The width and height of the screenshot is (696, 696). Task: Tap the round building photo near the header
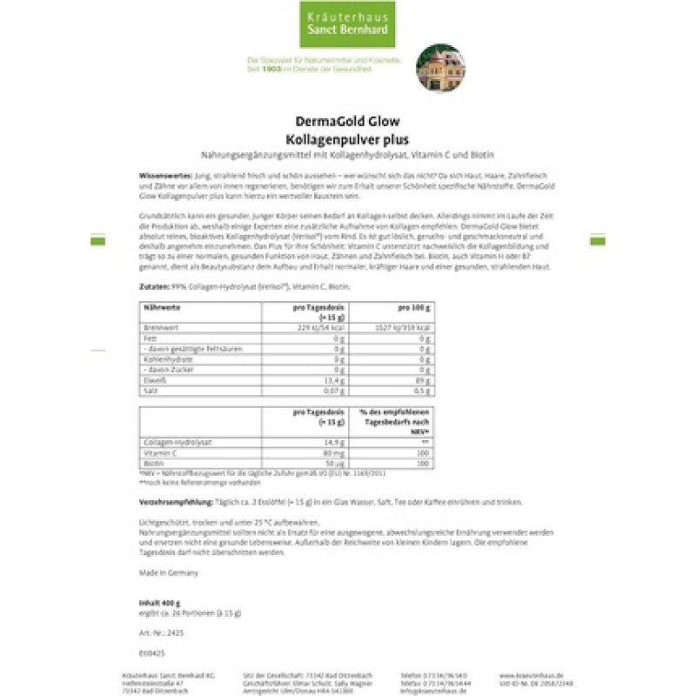(x=440, y=69)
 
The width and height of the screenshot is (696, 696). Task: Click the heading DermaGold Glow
(x=348, y=123)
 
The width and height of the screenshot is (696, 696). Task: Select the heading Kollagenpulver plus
(x=348, y=137)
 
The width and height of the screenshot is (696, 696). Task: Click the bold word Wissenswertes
(x=159, y=176)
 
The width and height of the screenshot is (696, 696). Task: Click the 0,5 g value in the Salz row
(x=422, y=391)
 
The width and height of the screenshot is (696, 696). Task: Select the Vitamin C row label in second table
(x=156, y=454)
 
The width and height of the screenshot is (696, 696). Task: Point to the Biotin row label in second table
(x=151, y=465)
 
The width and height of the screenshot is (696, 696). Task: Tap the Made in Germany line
(x=169, y=572)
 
